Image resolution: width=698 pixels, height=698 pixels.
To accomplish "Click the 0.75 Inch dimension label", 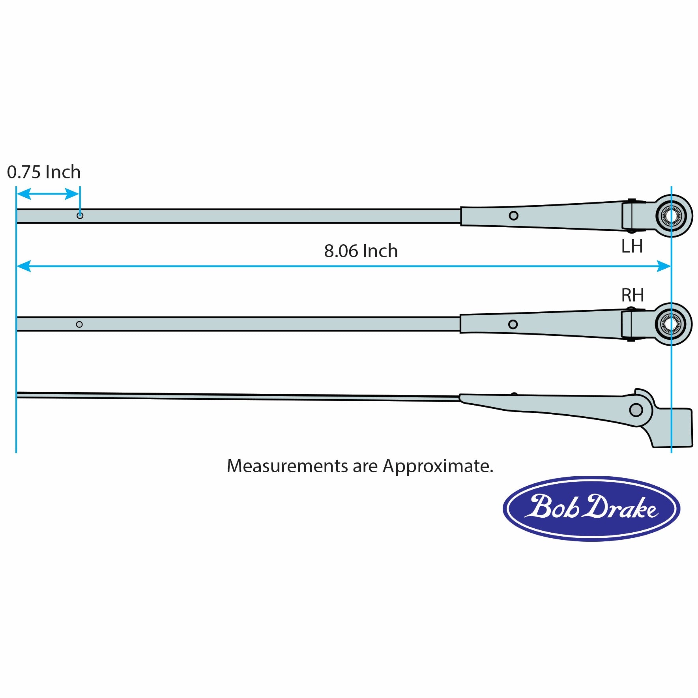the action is (x=44, y=172).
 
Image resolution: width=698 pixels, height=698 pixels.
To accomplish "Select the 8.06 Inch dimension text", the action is (x=361, y=251).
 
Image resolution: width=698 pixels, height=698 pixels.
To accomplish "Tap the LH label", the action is (x=632, y=246).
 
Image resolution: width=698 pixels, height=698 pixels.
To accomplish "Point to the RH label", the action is (x=632, y=295).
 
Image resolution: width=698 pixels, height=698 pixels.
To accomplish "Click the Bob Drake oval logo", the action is (x=591, y=508).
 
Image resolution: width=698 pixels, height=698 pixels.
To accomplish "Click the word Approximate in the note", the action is (x=438, y=467).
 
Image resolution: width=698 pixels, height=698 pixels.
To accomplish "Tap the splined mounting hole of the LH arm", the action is (x=671, y=216).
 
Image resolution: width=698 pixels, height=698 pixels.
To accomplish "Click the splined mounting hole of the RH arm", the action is (x=671, y=324).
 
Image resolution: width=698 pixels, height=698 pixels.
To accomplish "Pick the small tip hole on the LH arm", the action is (x=80, y=215).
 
